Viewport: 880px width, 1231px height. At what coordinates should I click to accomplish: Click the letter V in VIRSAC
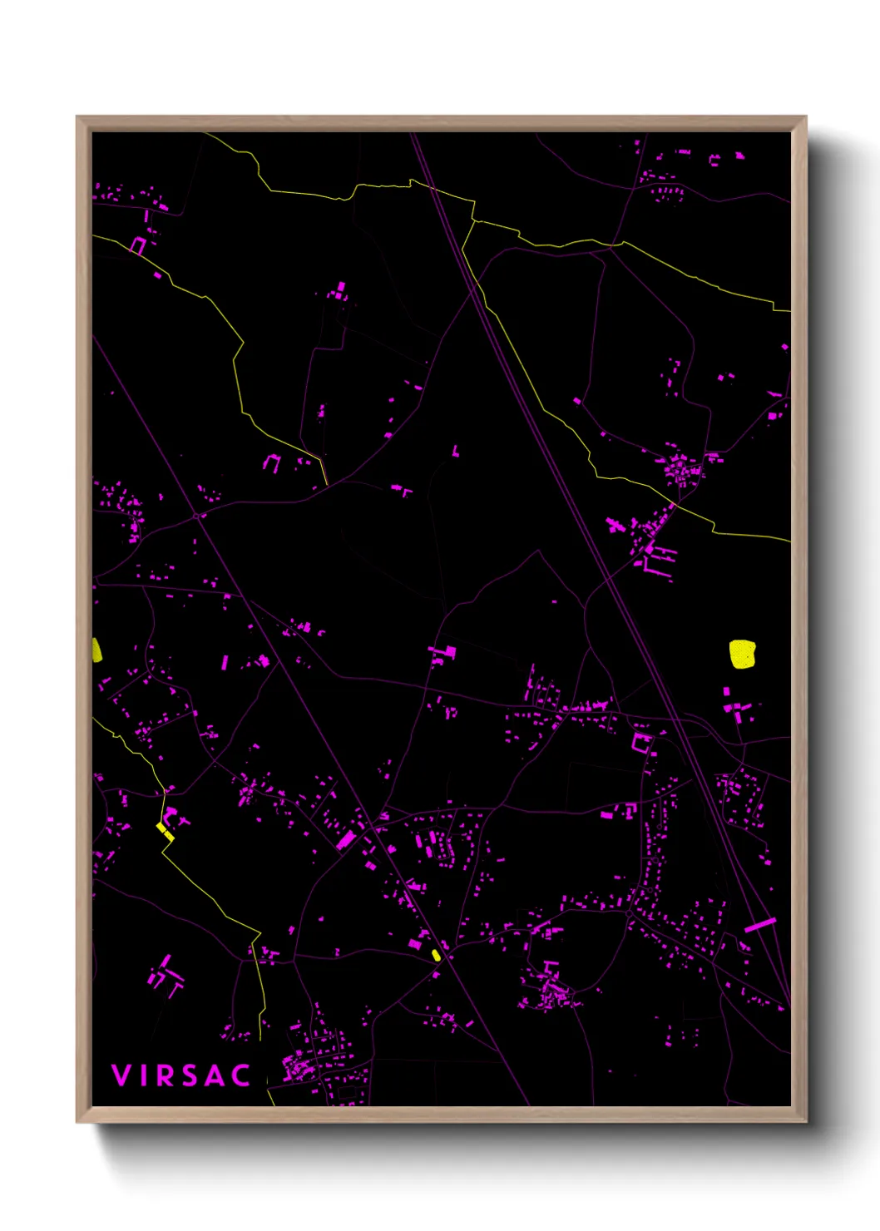pyautogui.click(x=121, y=1075)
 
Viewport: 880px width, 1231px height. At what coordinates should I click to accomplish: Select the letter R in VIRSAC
pyautogui.click(x=166, y=1075)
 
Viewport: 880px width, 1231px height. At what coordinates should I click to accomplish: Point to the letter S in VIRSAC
pyautogui.click(x=190, y=1075)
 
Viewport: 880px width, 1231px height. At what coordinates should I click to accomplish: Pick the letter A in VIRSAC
pyautogui.click(x=215, y=1075)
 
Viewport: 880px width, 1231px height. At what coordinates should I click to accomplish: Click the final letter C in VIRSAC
pyautogui.click(x=240, y=1075)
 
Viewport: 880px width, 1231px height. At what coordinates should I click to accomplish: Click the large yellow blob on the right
pyautogui.click(x=742, y=654)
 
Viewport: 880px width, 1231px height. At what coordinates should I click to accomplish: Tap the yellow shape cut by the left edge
pyautogui.click(x=96, y=650)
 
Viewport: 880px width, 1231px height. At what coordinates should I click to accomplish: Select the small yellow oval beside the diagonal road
pyautogui.click(x=436, y=954)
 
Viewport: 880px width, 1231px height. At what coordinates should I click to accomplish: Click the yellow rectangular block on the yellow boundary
pyautogui.click(x=165, y=831)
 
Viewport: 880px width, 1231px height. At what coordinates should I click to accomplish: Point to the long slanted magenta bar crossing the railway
pyautogui.click(x=759, y=924)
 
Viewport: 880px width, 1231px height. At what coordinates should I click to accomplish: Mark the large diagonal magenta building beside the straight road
pyautogui.click(x=347, y=839)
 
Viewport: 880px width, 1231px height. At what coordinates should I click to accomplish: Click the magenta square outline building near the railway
pyautogui.click(x=641, y=742)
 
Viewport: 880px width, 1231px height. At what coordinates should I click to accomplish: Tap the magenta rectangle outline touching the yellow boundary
pyautogui.click(x=138, y=245)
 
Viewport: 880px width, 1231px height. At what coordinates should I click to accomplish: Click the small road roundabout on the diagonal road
pyautogui.click(x=197, y=516)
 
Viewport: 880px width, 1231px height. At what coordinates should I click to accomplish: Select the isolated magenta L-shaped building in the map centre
pyautogui.click(x=455, y=452)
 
